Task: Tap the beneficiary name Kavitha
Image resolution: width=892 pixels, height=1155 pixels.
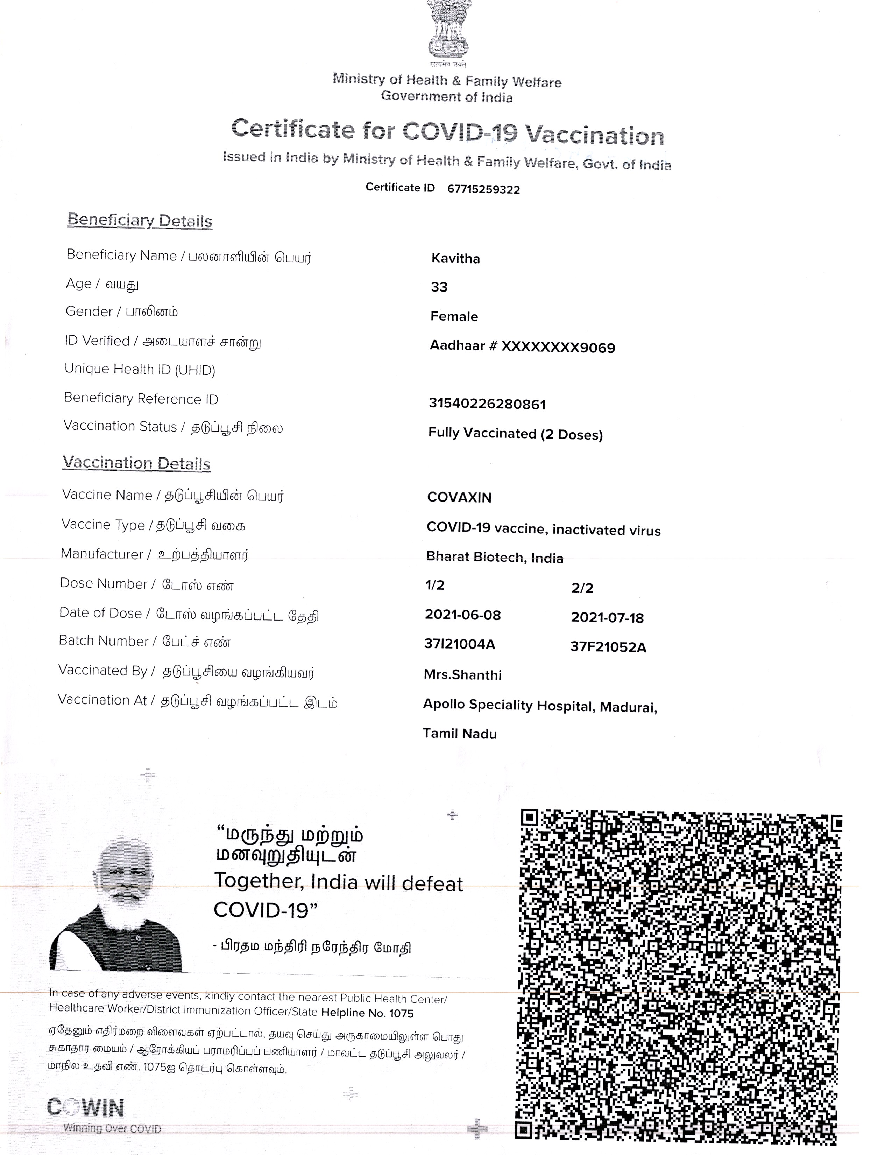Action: coord(455,259)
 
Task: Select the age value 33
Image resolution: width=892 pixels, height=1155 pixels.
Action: coord(439,287)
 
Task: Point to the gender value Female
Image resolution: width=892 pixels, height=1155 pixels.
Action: coord(454,316)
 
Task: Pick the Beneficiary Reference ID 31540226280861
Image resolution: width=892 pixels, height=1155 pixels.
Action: coord(487,404)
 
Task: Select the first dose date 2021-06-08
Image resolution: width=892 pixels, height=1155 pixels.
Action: coord(463,615)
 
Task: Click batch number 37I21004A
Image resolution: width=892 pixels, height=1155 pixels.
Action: coord(460,644)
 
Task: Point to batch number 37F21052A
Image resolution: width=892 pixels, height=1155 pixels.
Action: coord(608,647)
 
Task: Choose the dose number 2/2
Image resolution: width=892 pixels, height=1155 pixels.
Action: coord(582,588)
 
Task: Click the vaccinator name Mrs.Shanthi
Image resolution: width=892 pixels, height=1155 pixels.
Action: coord(462,675)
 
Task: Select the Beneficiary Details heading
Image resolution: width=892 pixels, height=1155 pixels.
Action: coord(140,220)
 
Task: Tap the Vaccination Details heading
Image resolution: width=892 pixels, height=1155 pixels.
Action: coord(136,463)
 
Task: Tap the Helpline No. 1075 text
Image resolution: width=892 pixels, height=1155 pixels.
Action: coord(367,1013)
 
